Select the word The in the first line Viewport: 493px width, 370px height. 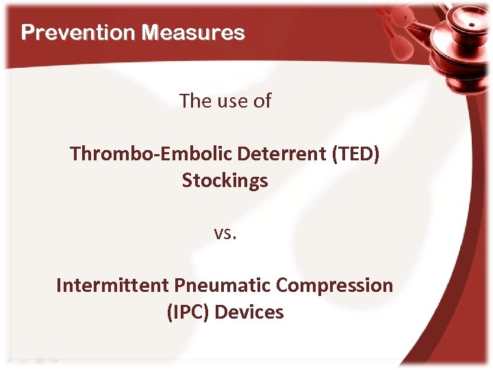tap(193, 101)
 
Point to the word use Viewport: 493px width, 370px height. tap(229, 101)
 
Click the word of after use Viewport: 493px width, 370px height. tap(261, 101)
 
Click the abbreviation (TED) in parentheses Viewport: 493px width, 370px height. tap(355, 153)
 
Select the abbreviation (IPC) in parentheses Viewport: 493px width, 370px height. tap(188, 312)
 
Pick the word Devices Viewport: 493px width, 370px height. tap(249, 312)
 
